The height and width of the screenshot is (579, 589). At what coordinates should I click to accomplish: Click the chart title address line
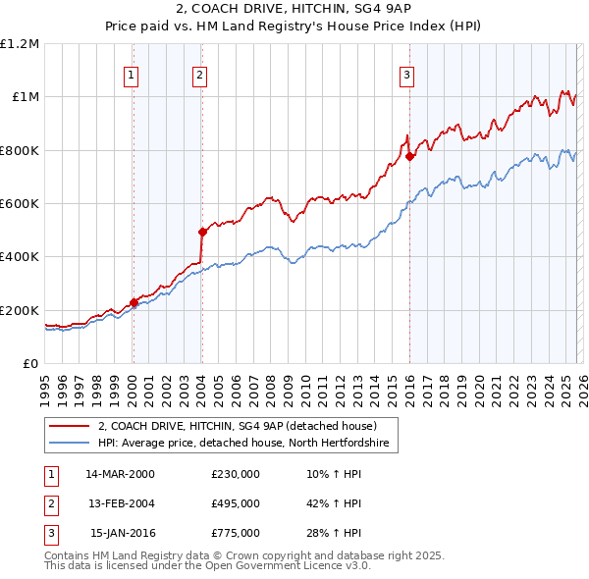294,9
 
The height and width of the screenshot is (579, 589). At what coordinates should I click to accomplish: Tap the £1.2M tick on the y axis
20,44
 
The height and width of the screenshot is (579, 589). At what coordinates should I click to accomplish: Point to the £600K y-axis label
20,204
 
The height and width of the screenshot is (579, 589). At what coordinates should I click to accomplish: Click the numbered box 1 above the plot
132,74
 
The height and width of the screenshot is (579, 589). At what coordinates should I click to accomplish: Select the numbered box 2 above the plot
199,74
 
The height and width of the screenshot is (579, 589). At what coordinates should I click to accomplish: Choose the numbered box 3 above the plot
406,74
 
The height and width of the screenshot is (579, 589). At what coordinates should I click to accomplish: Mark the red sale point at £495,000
202,233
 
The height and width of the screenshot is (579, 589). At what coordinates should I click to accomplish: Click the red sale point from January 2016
409,156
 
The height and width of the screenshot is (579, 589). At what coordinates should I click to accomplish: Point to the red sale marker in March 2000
134,303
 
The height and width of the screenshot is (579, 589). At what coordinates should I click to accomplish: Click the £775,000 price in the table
236,533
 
